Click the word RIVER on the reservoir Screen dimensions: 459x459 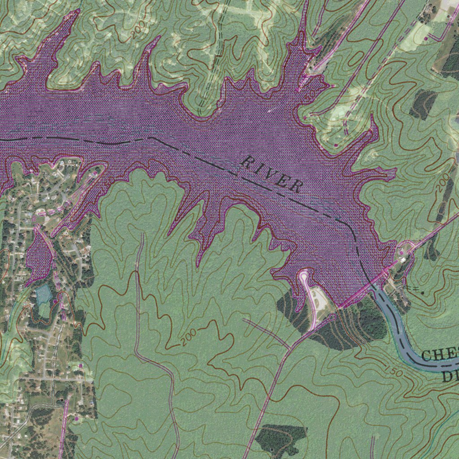pos(272,174)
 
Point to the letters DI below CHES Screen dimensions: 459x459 pos(450,376)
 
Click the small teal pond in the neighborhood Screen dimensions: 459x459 pos(43,294)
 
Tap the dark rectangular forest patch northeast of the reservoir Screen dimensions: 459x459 pos(422,104)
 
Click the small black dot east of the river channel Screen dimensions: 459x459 pos(422,292)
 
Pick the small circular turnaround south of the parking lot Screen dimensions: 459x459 pos(332,317)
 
